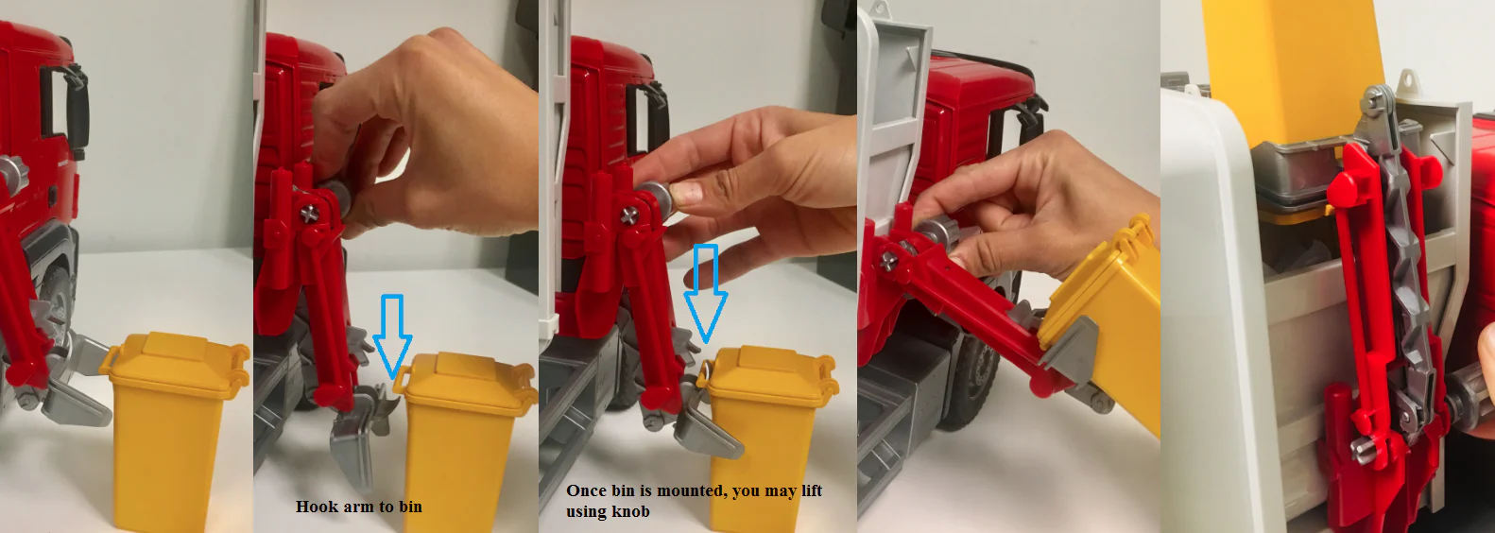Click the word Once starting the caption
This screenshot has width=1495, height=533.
coord(587,490)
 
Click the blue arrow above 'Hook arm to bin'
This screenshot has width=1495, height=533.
coord(392,334)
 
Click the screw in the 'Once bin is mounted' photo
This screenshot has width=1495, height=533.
coord(627,216)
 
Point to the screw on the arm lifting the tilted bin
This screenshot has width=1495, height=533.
coord(888,259)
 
